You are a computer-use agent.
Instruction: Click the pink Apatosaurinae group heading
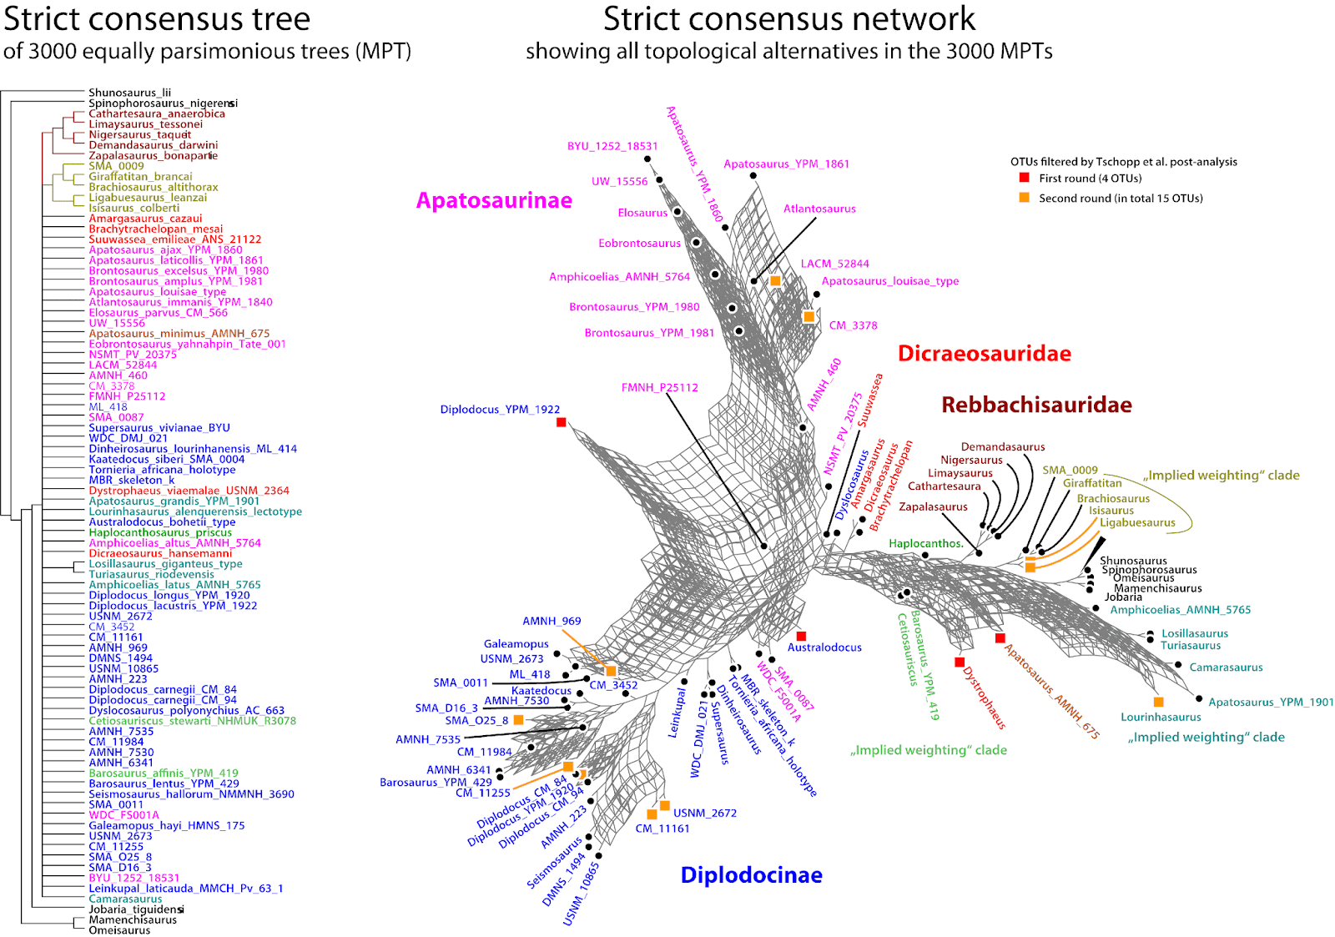pos(494,201)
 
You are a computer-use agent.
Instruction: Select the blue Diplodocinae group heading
pos(751,875)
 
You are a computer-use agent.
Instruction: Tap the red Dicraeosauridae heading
pos(984,354)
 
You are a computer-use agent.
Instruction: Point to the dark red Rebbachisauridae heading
pos(1036,406)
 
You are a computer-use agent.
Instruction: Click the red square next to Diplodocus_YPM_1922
pos(562,422)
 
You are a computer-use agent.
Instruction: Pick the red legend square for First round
pos(1024,178)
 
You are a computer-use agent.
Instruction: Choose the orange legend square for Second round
pos(1024,198)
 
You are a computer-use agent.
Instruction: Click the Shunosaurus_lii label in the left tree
pos(129,93)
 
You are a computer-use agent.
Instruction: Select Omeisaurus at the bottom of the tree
pos(119,930)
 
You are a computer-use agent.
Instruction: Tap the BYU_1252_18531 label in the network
pos(612,146)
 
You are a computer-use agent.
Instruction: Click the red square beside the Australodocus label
pos(801,637)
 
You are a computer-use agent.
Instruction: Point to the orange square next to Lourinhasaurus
pos(1158,703)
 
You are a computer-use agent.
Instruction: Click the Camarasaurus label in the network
pos(1226,667)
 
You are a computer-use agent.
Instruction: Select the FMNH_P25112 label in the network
pos(659,388)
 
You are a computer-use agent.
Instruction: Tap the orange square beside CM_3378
pos(809,317)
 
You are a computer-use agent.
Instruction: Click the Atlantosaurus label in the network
pos(819,209)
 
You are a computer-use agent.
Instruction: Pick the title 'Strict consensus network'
pos(788,19)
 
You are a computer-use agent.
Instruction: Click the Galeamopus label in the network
pos(516,644)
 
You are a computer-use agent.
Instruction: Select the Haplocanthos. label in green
pos(925,544)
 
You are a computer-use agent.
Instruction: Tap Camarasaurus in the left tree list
pos(125,899)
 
